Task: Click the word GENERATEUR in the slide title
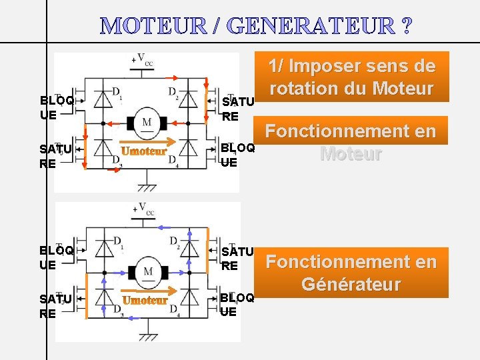coord(311,26)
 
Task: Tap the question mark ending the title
coord(406,26)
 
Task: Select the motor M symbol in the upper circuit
coord(146,123)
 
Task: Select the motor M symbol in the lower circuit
coord(146,272)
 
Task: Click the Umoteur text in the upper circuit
coord(144,151)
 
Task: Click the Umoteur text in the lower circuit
coord(145,301)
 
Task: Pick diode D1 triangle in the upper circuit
coord(103,99)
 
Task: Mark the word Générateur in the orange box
coord(351,285)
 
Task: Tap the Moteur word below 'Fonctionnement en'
coord(351,154)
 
